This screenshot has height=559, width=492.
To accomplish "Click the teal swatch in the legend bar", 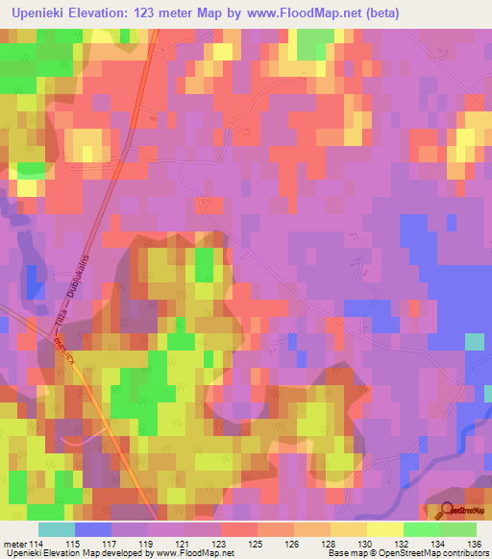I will [x=56, y=529].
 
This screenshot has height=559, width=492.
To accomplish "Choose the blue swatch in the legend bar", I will [x=92, y=529].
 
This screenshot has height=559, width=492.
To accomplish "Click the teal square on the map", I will [x=474, y=342].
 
